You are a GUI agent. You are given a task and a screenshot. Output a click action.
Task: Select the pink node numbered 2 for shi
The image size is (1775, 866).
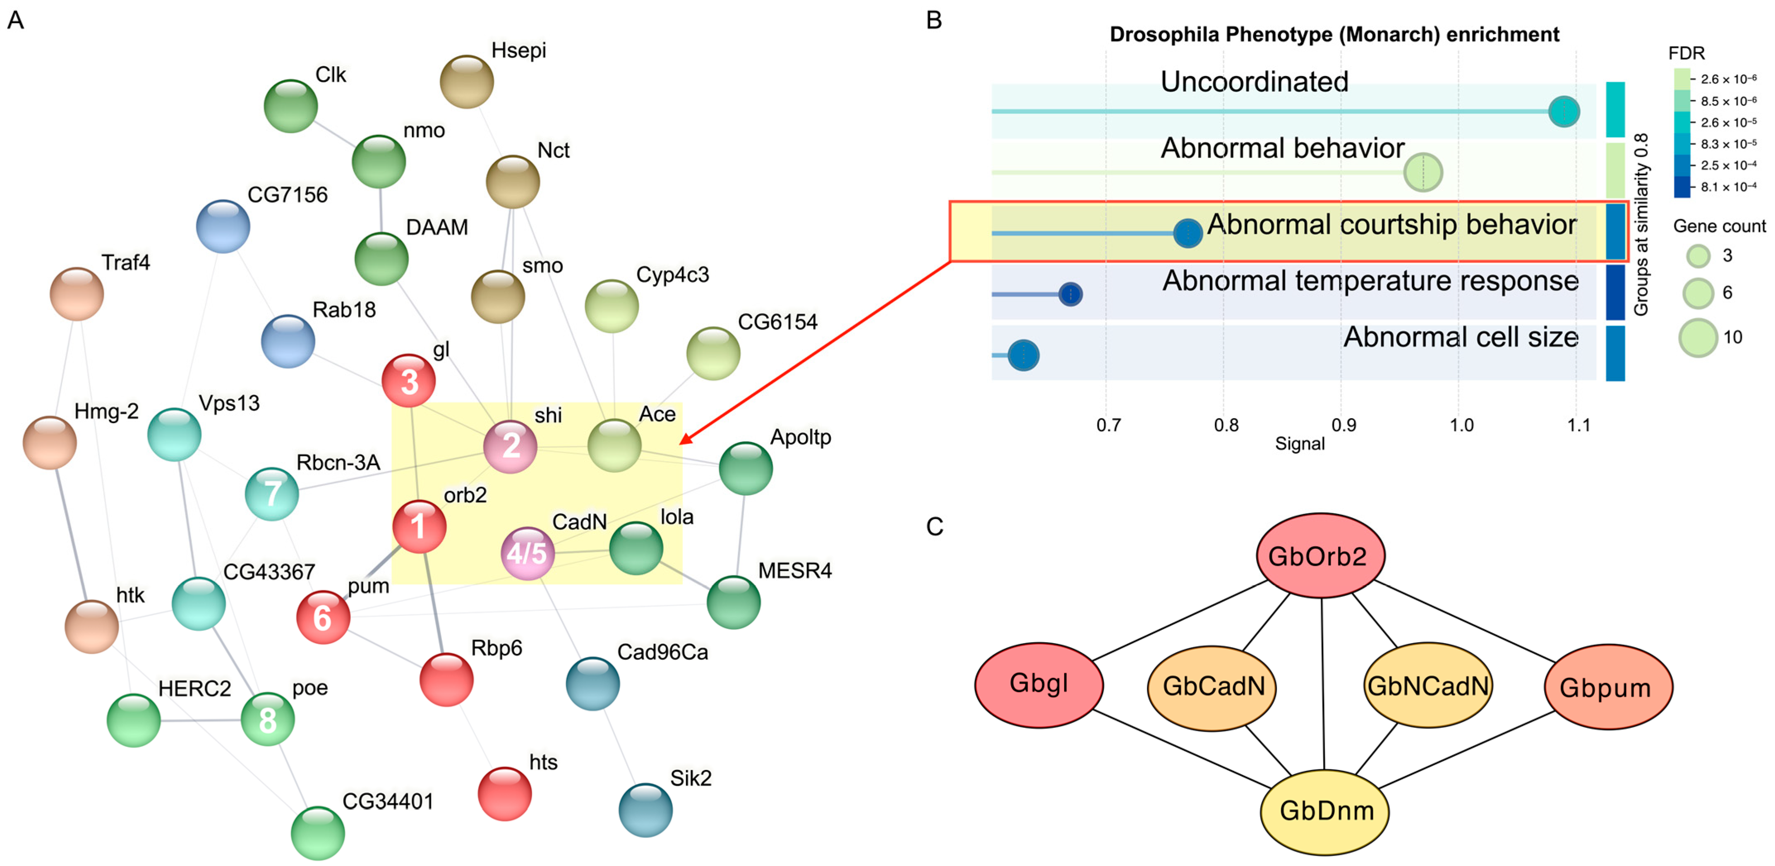510,446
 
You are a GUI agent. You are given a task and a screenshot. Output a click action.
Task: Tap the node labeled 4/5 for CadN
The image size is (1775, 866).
527,553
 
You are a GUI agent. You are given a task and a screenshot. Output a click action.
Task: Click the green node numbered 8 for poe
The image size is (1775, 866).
267,720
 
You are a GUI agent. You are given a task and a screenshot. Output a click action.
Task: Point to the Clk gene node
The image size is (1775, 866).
291,106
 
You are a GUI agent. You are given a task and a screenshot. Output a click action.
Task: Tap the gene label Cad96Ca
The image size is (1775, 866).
662,652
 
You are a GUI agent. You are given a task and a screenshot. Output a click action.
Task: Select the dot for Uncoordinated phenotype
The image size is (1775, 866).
1564,112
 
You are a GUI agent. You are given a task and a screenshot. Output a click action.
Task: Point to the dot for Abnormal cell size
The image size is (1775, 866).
1023,356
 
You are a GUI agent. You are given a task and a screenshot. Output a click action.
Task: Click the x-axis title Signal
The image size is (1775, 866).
1300,444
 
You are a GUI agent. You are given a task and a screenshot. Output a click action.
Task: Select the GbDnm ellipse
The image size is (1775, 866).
1324,811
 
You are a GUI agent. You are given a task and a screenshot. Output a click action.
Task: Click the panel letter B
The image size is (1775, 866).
934,21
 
